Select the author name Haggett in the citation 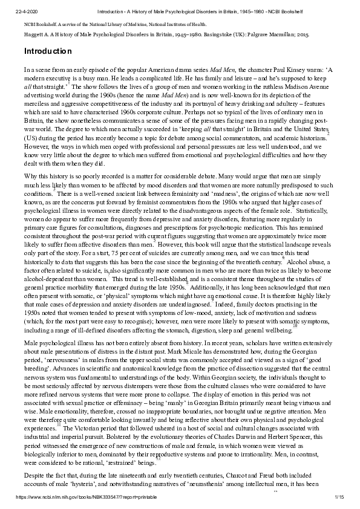point(34,35)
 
